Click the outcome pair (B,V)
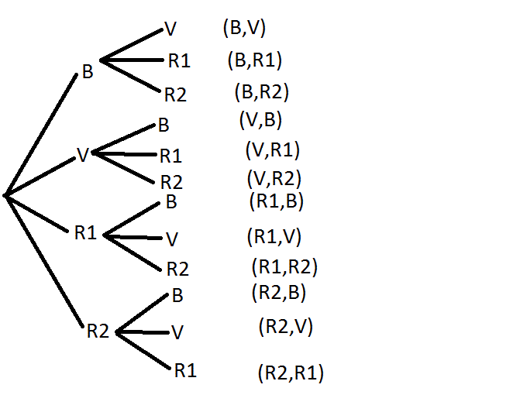pyautogui.click(x=244, y=29)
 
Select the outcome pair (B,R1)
pyautogui.click(x=255, y=60)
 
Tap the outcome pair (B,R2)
pyautogui.click(x=261, y=91)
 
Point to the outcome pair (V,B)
pyautogui.click(x=260, y=119)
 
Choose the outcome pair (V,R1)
pyautogui.click(x=272, y=149)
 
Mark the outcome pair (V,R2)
pyautogui.click(x=274, y=178)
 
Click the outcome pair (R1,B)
pyautogui.click(x=276, y=201)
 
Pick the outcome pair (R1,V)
pyautogui.click(x=274, y=236)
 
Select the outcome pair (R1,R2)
pyautogui.click(x=284, y=267)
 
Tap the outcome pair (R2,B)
pyautogui.click(x=279, y=293)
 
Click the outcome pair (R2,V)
pyautogui.click(x=284, y=327)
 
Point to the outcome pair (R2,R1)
pyautogui.click(x=290, y=374)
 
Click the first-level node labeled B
pyautogui.click(x=88, y=72)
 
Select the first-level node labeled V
pyautogui.click(x=83, y=155)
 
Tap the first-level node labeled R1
pyautogui.click(x=85, y=232)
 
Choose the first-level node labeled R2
pyautogui.click(x=98, y=331)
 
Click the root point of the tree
pyautogui.click(x=6, y=195)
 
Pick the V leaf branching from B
pyautogui.click(x=170, y=29)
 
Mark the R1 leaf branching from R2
pyautogui.click(x=185, y=370)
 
